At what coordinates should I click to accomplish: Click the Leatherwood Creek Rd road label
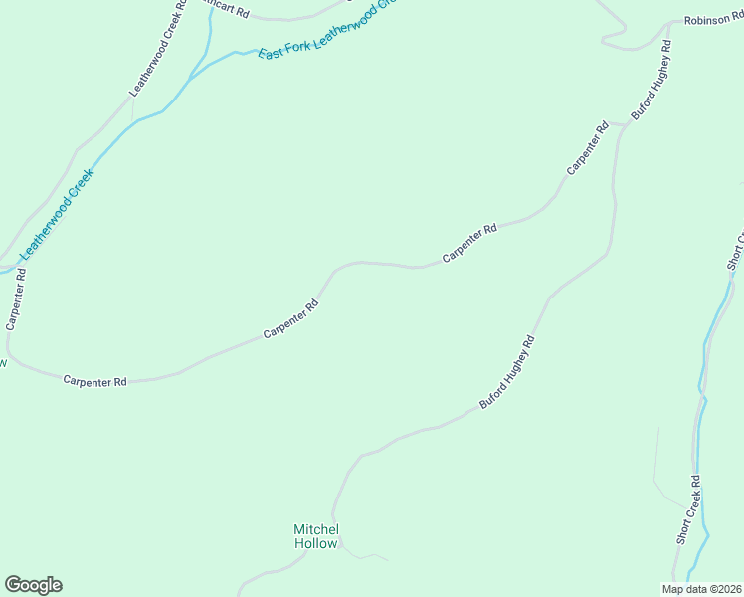(158, 49)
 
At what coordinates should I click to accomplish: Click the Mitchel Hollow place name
(316, 536)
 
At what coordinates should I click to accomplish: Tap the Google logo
(33, 585)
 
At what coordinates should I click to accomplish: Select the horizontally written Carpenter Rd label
(95, 381)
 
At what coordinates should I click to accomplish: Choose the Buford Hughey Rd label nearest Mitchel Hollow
(508, 372)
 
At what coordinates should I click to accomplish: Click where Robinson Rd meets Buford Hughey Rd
(669, 22)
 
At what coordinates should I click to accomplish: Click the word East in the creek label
(271, 51)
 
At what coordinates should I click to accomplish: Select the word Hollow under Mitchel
(316, 543)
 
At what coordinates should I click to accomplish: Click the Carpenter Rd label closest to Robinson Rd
(588, 148)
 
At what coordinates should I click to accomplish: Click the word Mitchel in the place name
(316, 528)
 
